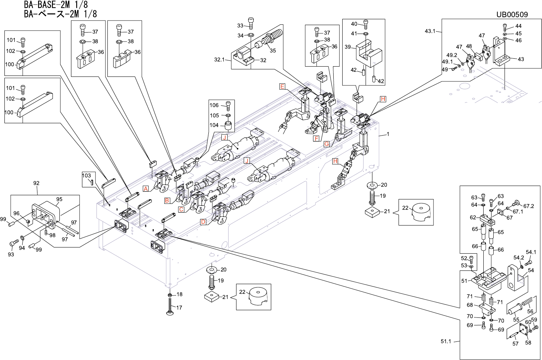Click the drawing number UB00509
tap(512, 14)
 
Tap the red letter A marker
tap(146, 189)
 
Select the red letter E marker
tap(282, 86)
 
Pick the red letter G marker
tap(326, 144)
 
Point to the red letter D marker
tap(203, 222)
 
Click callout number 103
tap(87, 176)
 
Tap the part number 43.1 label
tap(430, 31)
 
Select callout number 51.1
tap(446, 341)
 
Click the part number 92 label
tap(36, 184)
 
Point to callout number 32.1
tap(219, 60)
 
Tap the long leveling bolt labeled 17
tap(170, 306)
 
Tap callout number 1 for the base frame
tap(388, 134)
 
